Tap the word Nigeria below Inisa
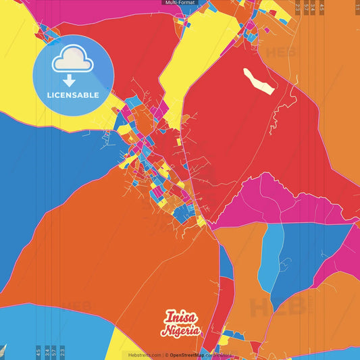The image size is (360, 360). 180,330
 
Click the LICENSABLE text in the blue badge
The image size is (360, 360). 73,95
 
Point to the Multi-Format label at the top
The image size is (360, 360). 179,3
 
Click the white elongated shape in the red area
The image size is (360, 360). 259,80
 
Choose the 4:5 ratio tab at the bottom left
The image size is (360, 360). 38,352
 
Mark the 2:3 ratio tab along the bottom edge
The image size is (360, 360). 62,352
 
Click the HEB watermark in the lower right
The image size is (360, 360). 273,307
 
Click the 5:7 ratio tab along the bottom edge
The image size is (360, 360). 54,352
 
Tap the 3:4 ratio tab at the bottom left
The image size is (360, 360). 47,352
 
